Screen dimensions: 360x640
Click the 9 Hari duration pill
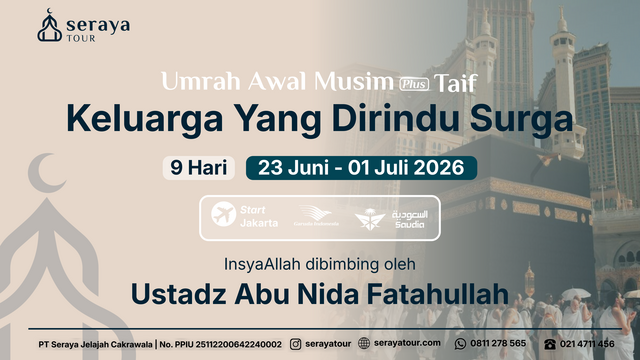pos(198,167)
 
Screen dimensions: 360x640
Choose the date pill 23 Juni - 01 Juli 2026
pos(354,167)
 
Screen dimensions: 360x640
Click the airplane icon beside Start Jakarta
pos(222,215)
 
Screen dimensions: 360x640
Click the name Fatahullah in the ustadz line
pos(431,296)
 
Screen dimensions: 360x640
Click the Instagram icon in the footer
pos(296,343)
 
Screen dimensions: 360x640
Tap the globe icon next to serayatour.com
pos(364,343)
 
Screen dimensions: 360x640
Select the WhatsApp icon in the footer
pos(461,343)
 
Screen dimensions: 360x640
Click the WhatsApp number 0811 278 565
pos(499,343)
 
